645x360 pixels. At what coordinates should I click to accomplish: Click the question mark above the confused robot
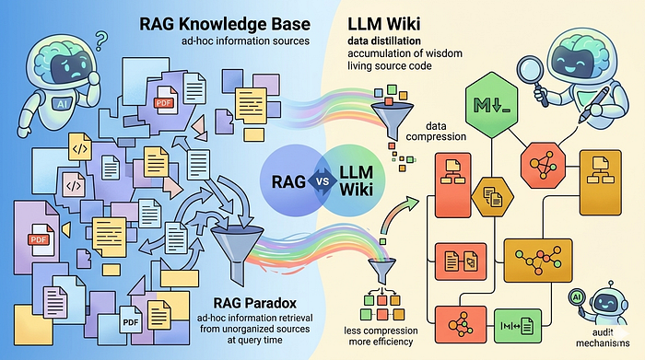101,41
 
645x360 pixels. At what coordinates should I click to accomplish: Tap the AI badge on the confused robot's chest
62,104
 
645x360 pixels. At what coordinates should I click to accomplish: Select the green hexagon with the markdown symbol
491,105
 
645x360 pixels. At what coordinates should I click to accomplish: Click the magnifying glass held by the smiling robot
533,79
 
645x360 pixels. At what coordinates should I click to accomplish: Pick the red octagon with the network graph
543,166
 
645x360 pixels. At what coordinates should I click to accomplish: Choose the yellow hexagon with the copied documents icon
492,197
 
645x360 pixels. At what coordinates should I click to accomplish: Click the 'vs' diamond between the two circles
323,180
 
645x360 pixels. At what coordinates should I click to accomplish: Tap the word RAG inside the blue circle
288,181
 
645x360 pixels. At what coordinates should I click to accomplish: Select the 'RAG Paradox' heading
254,303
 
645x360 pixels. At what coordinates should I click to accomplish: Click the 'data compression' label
436,131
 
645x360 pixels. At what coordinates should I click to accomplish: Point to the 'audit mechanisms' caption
603,337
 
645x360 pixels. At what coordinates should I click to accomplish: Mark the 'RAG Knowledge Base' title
225,24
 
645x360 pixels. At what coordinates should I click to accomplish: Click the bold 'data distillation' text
384,41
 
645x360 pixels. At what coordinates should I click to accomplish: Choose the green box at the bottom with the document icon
518,326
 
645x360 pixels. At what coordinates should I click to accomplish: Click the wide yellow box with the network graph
538,261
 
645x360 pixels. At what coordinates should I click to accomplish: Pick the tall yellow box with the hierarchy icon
600,182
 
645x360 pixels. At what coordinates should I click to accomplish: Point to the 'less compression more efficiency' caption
381,336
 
